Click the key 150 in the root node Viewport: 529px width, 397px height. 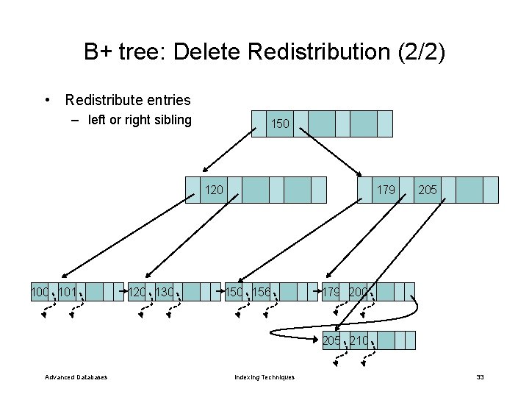click(x=280, y=124)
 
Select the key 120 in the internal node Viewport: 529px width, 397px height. click(x=214, y=190)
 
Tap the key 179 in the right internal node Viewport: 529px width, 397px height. click(x=386, y=190)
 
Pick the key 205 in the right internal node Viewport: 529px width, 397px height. click(x=428, y=190)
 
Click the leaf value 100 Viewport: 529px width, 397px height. click(x=40, y=292)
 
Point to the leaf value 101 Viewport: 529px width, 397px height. click(x=68, y=292)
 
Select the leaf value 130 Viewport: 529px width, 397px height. click(x=165, y=292)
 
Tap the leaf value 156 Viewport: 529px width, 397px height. click(x=262, y=292)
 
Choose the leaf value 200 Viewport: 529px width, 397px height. click(x=359, y=292)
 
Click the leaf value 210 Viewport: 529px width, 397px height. click(x=359, y=340)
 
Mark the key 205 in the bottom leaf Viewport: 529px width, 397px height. click(x=331, y=340)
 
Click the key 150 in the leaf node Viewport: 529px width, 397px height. click(x=234, y=292)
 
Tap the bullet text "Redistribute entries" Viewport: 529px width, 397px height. click(x=128, y=100)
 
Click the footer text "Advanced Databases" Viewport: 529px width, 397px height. click(x=76, y=377)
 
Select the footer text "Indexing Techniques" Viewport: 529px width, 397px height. click(x=264, y=377)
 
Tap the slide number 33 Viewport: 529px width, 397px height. click(x=480, y=377)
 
